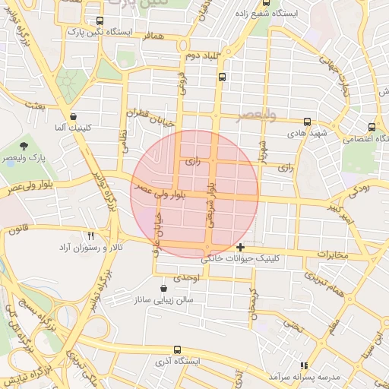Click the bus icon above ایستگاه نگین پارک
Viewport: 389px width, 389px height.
click(100, 21)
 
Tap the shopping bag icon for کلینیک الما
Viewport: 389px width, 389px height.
click(73, 117)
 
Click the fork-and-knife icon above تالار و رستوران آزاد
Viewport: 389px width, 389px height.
click(90, 236)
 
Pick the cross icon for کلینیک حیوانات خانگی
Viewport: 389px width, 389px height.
click(240, 247)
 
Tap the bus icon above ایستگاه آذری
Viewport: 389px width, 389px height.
click(177, 350)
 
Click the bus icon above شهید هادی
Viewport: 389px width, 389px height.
click(307, 122)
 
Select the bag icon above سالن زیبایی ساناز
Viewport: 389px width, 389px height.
click(164, 288)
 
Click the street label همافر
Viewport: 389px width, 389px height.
click(152, 46)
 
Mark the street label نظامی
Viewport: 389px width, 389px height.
click(124, 141)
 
